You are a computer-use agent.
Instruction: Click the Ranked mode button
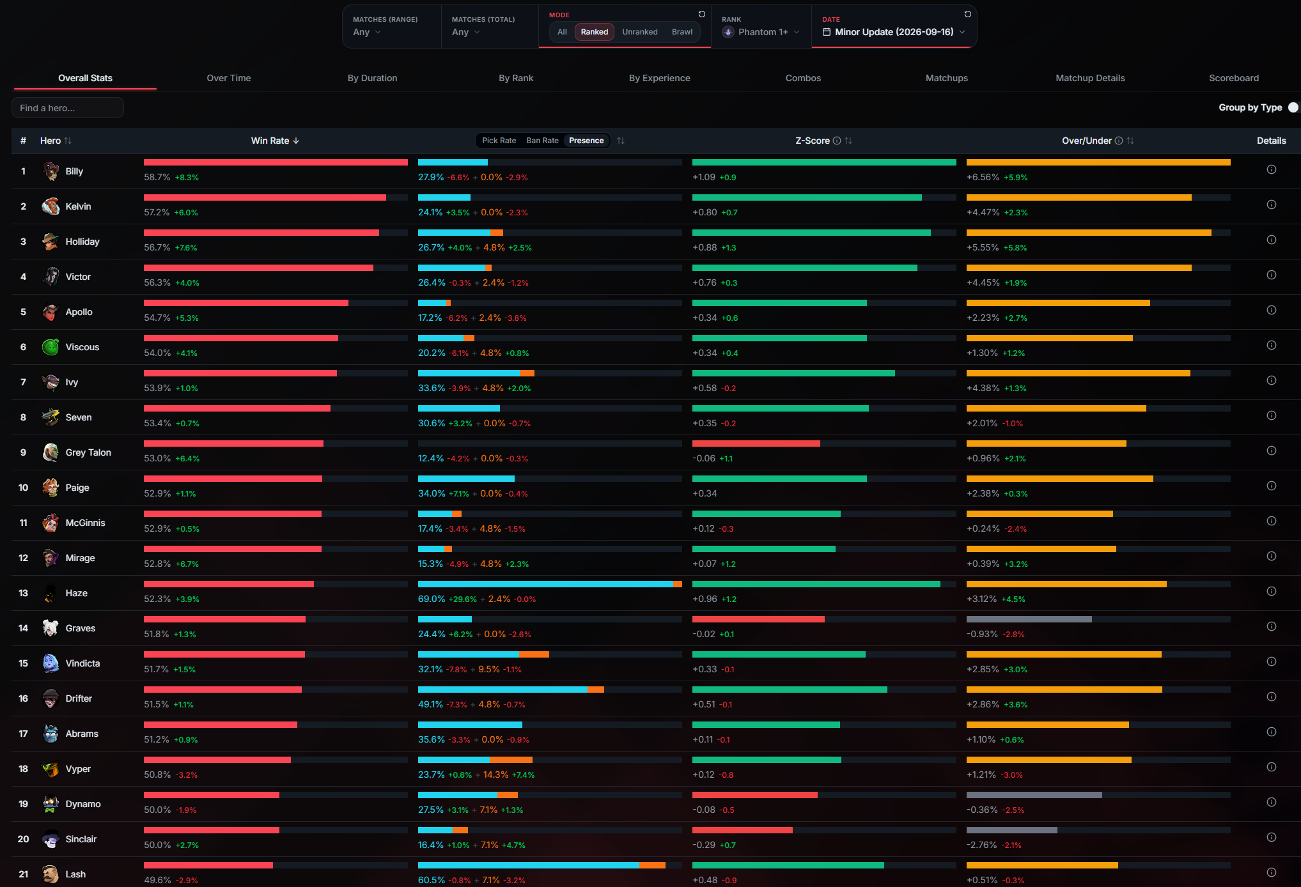coord(594,32)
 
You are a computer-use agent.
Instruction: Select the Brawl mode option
coord(682,32)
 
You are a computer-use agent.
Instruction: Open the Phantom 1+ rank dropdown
coord(761,32)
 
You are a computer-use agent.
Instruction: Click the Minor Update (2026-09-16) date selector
coord(894,32)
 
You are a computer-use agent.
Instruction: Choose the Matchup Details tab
coord(1090,78)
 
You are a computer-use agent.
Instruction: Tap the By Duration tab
coord(372,78)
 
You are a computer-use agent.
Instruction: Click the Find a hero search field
coord(68,108)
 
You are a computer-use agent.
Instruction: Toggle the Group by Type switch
coord(1293,107)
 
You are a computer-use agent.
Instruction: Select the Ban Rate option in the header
coord(542,141)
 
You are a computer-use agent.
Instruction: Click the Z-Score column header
coord(813,141)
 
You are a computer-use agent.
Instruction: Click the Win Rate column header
coord(270,141)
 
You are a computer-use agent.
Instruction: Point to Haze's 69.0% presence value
coord(432,599)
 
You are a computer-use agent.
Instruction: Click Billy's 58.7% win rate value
coord(157,177)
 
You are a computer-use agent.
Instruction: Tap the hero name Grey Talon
coord(88,452)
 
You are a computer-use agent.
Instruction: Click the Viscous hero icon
coord(51,347)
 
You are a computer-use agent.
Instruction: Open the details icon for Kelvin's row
coord(1272,204)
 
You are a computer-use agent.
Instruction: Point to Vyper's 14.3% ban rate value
coord(496,775)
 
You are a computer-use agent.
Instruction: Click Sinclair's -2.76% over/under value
coord(982,845)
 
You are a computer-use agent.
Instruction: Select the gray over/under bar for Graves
coord(1029,619)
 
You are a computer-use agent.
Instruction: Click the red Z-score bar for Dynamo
coord(755,795)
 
